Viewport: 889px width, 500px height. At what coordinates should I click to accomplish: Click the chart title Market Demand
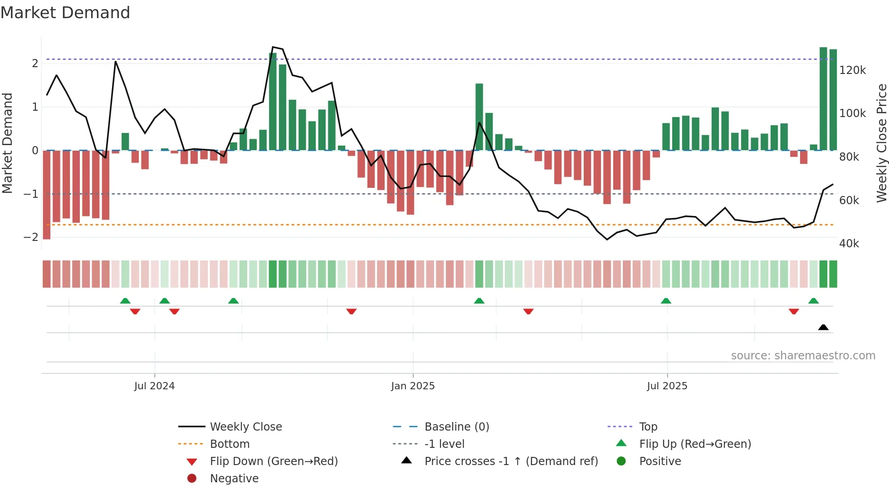[65, 13]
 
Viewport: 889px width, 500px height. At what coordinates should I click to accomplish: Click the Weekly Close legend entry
[245, 426]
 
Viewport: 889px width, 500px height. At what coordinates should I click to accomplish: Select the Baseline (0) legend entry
[456, 426]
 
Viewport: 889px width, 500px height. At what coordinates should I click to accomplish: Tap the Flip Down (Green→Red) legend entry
[274, 461]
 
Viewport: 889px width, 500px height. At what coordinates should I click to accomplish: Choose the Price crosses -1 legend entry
[511, 461]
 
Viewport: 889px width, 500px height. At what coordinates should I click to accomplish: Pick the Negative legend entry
[234, 478]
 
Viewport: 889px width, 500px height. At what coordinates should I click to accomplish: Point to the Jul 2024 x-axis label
[154, 386]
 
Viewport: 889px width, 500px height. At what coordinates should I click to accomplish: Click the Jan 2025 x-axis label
[413, 386]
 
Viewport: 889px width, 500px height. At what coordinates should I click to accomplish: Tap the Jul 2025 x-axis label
[667, 386]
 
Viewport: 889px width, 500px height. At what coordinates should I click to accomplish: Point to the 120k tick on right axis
[852, 70]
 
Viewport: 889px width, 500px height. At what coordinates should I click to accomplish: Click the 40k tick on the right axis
[849, 244]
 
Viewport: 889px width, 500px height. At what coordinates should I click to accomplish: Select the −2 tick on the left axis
[31, 237]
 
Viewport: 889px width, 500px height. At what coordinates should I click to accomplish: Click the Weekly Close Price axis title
[881, 143]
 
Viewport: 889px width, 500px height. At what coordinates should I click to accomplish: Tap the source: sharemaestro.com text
[803, 356]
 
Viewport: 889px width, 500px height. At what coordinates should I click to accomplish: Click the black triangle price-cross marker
[823, 327]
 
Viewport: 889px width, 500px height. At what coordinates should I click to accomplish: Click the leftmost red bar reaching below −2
[47, 195]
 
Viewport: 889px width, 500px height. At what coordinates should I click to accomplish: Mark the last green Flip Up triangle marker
[813, 301]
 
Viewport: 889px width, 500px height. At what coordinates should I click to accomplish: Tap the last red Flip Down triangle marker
[793, 311]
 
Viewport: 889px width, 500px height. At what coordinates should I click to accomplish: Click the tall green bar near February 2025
[479, 117]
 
